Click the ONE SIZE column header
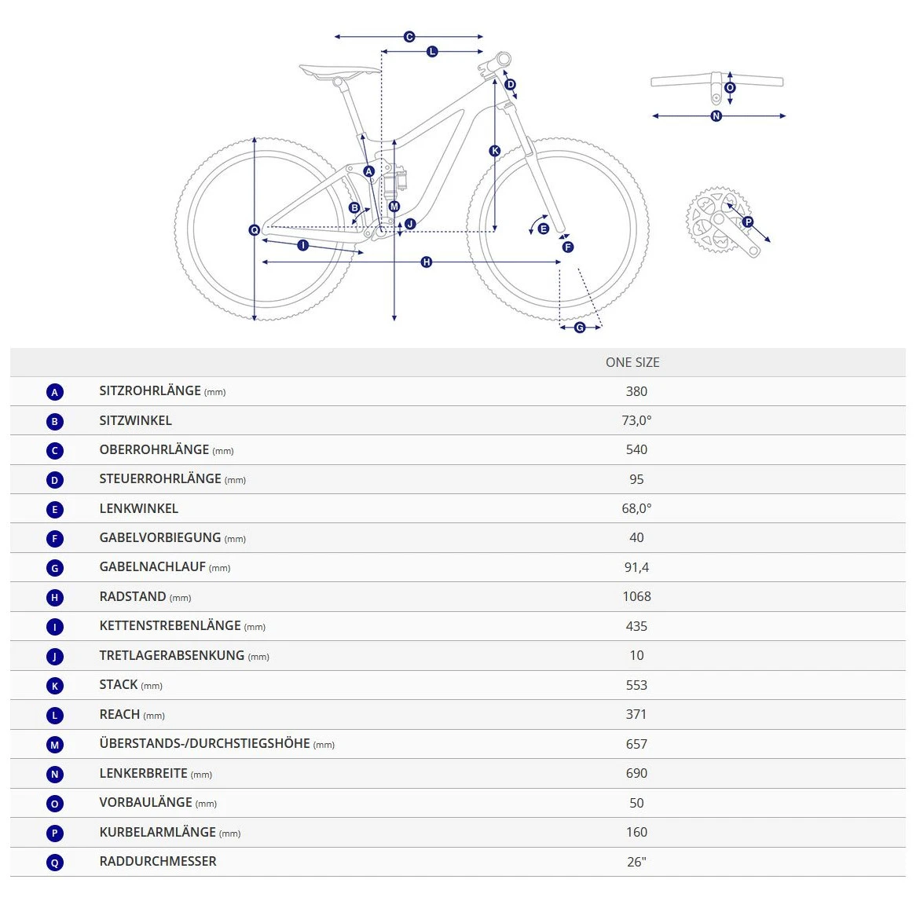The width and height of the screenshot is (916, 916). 632,362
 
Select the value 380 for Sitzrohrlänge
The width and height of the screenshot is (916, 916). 636,391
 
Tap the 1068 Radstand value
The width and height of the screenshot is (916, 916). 636,596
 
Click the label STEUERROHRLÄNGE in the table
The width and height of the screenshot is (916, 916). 160,478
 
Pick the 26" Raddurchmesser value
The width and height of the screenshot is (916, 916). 636,862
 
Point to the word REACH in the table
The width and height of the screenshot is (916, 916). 119,714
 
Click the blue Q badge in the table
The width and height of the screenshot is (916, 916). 54,863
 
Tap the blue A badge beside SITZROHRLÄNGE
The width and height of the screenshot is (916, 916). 54,392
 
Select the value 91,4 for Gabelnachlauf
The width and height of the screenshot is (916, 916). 636,567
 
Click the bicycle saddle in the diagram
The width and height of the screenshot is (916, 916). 338,72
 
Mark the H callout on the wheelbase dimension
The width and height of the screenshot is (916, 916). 427,262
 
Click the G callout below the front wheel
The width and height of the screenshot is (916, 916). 580,327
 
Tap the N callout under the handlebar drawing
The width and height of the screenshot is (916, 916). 716,116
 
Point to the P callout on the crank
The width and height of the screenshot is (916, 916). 748,222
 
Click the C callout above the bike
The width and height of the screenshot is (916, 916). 409,37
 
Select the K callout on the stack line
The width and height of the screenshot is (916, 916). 495,151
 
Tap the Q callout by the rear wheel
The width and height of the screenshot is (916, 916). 254,230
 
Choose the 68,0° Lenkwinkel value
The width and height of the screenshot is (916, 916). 636,508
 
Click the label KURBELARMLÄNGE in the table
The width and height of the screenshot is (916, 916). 157,832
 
